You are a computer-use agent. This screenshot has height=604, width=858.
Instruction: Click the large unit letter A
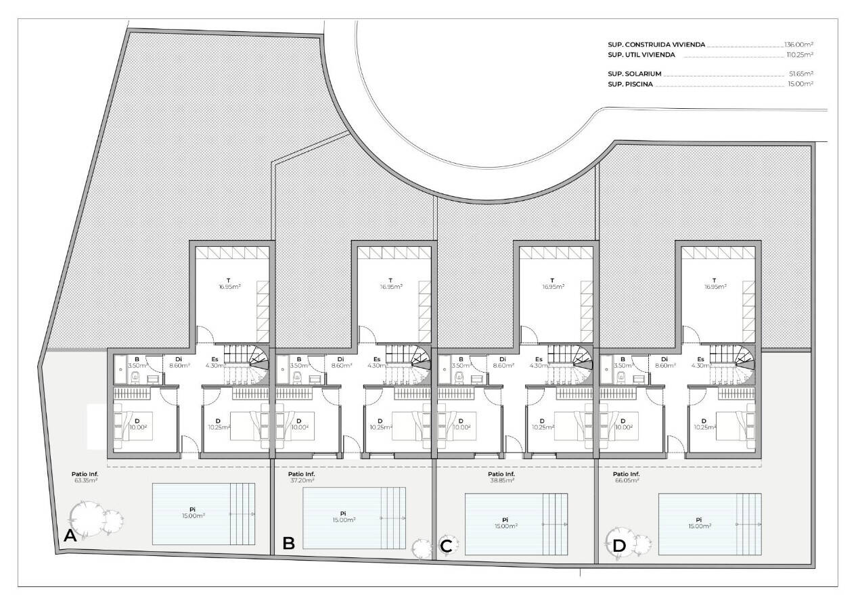click(70, 536)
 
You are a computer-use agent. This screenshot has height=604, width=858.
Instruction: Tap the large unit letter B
click(288, 543)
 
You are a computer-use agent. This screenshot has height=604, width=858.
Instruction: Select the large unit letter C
click(446, 547)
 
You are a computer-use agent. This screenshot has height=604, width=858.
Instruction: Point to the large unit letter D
click(619, 547)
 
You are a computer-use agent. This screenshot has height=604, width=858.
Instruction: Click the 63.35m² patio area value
click(85, 480)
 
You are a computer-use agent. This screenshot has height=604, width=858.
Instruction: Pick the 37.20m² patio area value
click(301, 480)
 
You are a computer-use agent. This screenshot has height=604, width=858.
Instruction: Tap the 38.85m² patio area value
click(501, 480)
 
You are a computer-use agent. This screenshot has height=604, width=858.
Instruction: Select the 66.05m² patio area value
click(627, 480)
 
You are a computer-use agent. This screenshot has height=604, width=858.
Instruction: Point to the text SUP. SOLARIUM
click(634, 74)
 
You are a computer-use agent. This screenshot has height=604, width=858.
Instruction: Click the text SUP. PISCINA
click(630, 84)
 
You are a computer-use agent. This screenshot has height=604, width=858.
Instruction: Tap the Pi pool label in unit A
click(192, 509)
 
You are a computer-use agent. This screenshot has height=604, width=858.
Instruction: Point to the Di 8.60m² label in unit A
click(179, 363)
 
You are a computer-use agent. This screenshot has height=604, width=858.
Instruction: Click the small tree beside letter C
click(421, 548)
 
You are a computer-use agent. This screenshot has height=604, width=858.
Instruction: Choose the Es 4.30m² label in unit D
click(700, 363)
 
